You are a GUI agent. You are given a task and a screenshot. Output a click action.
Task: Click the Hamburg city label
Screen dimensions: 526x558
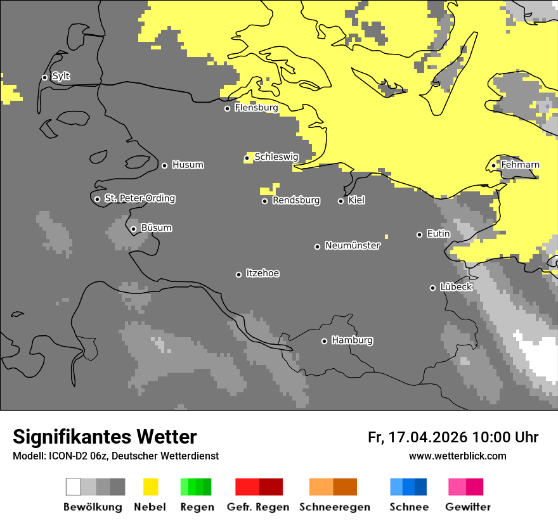coord(352,340)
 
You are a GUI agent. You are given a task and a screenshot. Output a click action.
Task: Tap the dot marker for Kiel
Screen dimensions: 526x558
coord(341,201)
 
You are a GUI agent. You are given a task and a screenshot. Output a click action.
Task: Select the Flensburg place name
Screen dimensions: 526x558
coord(256,108)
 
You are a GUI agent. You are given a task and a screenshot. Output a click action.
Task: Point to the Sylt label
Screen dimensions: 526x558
coord(61,77)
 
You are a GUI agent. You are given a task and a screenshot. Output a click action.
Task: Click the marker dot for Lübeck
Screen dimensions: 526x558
coord(432,288)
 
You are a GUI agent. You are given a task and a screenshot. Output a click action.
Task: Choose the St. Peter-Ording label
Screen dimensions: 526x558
coord(139,198)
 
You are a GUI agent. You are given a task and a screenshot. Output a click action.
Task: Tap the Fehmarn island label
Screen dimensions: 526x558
coord(520,165)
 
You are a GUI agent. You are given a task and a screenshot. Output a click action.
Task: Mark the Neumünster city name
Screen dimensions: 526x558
coord(353,245)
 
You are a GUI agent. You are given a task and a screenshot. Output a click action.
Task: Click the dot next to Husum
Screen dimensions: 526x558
coord(164,165)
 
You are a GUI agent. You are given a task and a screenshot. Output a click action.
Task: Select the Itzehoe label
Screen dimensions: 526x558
coord(263,273)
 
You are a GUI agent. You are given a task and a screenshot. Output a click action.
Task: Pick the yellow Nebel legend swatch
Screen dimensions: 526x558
coord(150,487)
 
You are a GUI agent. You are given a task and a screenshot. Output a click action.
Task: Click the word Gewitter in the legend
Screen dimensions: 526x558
coord(468,507)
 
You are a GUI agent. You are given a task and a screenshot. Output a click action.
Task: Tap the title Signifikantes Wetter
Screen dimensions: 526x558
coord(105,437)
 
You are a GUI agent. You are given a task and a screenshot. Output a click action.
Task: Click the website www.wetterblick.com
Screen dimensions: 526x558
coord(457,456)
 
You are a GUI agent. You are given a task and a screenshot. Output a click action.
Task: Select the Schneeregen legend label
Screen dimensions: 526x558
coord(334,507)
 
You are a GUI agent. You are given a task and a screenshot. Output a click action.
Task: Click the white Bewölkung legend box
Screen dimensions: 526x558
coord(74,487)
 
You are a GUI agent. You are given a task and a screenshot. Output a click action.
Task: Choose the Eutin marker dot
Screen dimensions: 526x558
coord(419,234)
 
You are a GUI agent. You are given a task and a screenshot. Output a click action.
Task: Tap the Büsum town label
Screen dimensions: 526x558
coord(156,228)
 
